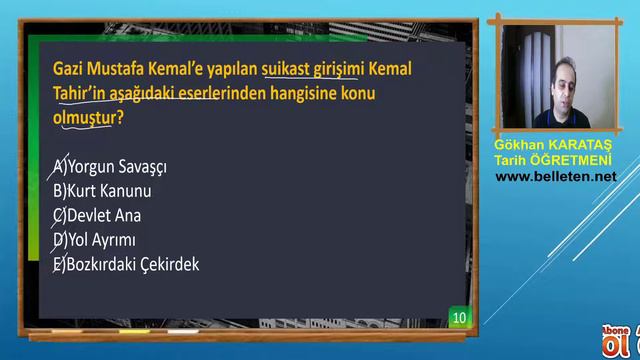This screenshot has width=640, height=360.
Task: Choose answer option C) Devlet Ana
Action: coord(97,215)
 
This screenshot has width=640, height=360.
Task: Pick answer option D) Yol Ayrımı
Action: coord(94,240)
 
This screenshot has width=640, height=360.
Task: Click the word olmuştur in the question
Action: coord(81,118)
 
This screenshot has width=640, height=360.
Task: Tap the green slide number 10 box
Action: coord(459,318)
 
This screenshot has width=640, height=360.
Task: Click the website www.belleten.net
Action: coord(556,176)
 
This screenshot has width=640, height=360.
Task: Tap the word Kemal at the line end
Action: coord(389,72)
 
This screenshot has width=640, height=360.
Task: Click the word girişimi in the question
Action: coord(337,72)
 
